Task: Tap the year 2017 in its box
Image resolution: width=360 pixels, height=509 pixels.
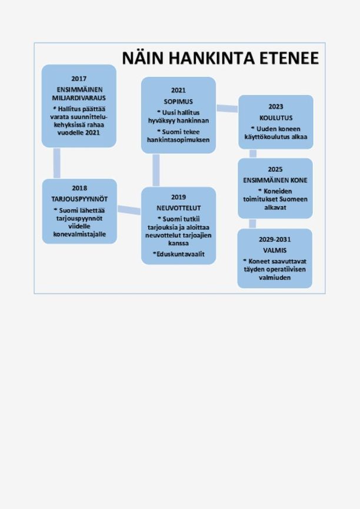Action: pyautogui.click(x=79, y=79)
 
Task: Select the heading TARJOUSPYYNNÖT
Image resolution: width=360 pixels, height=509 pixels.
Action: pyautogui.click(x=79, y=199)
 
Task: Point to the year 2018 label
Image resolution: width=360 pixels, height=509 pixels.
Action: pyautogui.click(x=79, y=188)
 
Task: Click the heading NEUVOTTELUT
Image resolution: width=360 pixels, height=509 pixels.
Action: pyautogui.click(x=179, y=207)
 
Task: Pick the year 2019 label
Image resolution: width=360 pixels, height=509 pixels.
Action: pyautogui.click(x=179, y=197)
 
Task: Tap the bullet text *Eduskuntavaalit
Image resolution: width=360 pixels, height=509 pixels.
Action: pyautogui.click(x=179, y=254)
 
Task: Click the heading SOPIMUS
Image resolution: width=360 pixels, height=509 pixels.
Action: pyautogui.click(x=178, y=102)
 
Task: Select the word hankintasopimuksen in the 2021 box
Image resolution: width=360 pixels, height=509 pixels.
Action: pyautogui.click(x=178, y=140)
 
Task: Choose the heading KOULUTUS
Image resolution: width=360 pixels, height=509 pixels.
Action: pyautogui.click(x=276, y=118)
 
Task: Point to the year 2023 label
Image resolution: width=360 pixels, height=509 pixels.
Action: pyautogui.click(x=276, y=107)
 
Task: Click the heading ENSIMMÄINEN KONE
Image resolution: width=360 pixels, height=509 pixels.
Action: pyautogui.click(x=275, y=180)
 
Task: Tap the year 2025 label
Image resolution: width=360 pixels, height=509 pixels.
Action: pyautogui.click(x=275, y=169)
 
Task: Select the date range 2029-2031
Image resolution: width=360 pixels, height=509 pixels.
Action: pyautogui.click(x=275, y=240)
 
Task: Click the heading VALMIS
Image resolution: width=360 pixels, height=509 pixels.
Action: pyautogui.click(x=275, y=250)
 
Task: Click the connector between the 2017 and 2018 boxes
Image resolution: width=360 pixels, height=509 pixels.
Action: pyautogui.click(x=56, y=163)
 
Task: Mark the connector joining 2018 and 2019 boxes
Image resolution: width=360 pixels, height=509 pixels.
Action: pyautogui.click(x=129, y=210)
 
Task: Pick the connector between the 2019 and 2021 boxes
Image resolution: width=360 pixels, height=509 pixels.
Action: pyautogui.click(x=156, y=170)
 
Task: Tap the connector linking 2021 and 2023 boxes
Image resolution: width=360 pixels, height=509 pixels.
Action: pyautogui.click(x=227, y=108)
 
